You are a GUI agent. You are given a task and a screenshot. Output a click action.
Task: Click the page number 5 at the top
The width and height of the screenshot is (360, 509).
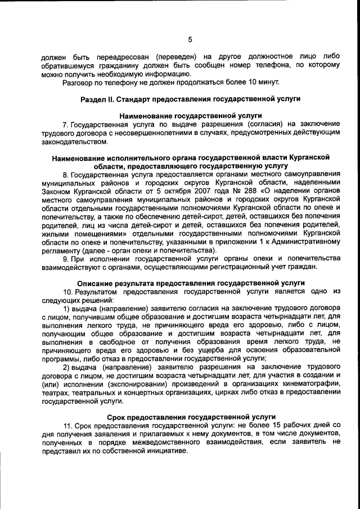190,39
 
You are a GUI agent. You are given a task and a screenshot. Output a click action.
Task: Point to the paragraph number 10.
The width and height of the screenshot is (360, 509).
67,291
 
